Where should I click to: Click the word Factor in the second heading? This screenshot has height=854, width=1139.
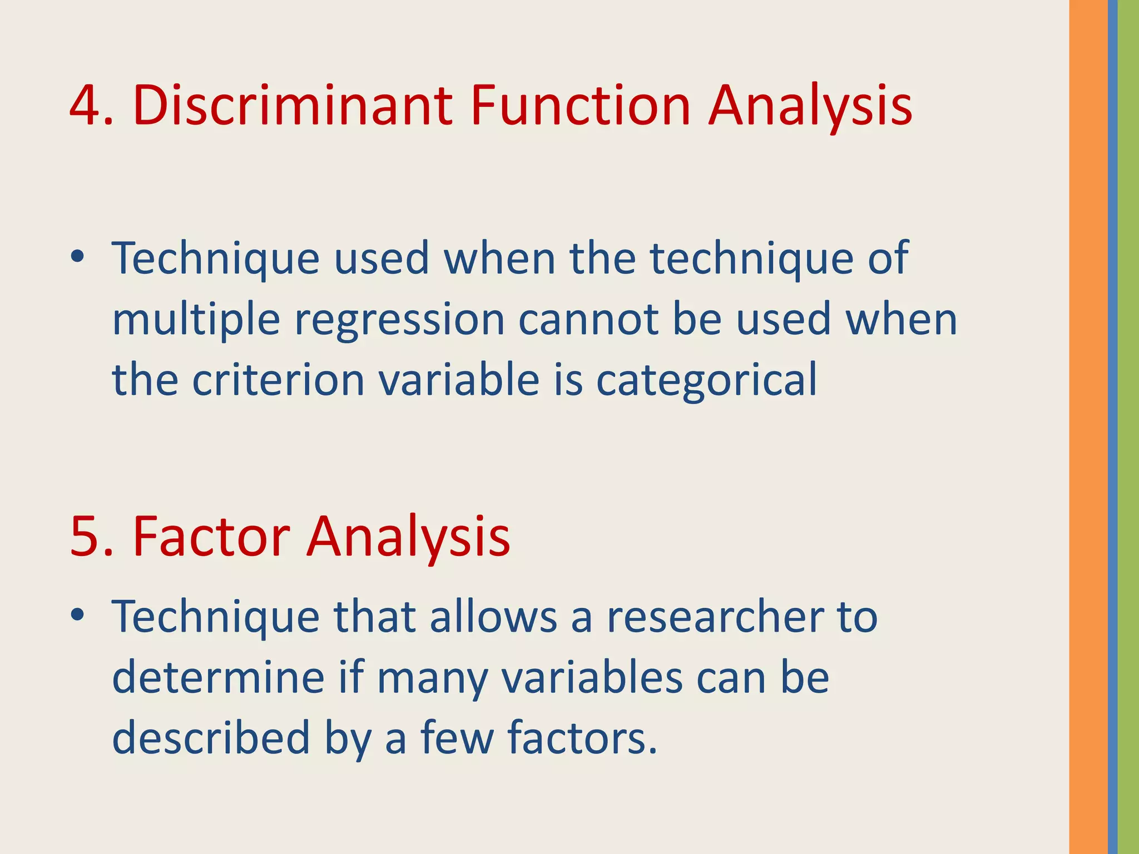tap(211, 537)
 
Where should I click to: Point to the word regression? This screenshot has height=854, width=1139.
tap(399, 321)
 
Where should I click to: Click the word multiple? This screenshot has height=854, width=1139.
tap(196, 321)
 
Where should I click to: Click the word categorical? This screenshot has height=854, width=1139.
tap(706, 381)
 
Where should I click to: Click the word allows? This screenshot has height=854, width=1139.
tap(493, 617)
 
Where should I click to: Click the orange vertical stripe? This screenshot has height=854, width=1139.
tap(1088, 427)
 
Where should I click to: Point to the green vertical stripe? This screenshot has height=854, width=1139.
tap(1128, 427)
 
